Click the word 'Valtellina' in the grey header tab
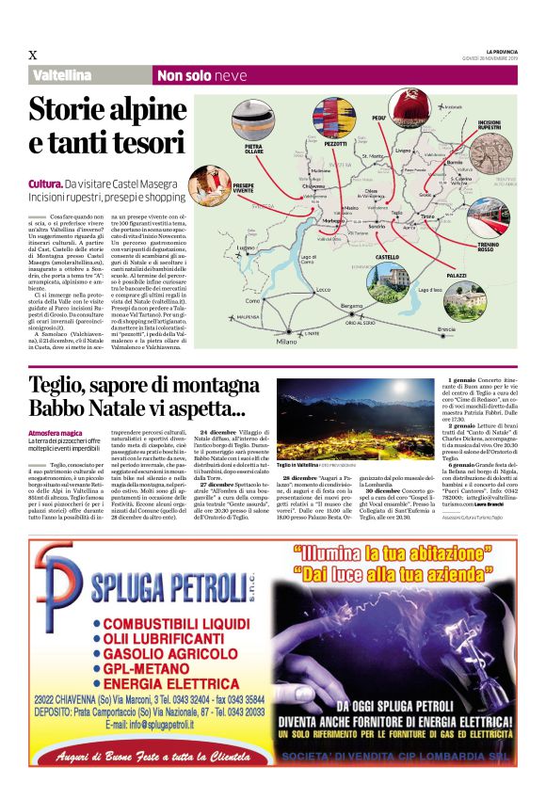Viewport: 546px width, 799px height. click(63, 75)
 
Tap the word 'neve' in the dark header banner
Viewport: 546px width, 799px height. click(229, 75)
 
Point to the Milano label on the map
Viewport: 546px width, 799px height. click(286, 342)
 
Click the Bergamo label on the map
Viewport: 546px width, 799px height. click(351, 307)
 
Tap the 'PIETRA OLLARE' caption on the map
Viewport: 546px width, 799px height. click(254, 148)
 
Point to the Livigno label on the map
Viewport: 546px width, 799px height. click(404, 150)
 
